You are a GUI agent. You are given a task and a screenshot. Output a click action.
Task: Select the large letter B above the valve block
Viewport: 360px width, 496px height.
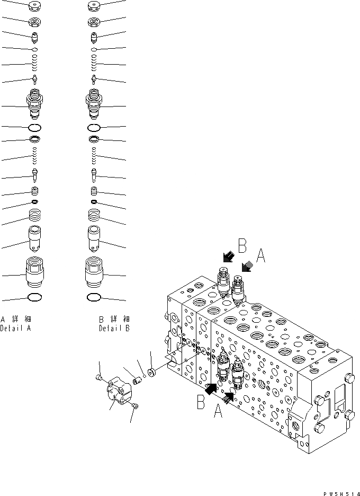click(x=242, y=245)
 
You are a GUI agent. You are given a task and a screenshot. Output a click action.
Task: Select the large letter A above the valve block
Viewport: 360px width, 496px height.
click(x=260, y=257)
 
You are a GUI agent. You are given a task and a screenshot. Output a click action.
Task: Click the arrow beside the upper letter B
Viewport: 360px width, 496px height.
click(x=228, y=257)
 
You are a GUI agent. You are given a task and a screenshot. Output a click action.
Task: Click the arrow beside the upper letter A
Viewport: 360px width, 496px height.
click(x=246, y=268)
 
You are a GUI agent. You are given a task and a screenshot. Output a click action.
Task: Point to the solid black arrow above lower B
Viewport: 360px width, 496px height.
click(x=211, y=389)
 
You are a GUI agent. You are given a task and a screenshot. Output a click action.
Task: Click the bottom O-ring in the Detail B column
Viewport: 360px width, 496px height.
click(x=94, y=297)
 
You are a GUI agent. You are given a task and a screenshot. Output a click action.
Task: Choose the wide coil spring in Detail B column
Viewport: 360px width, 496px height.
click(x=94, y=215)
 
